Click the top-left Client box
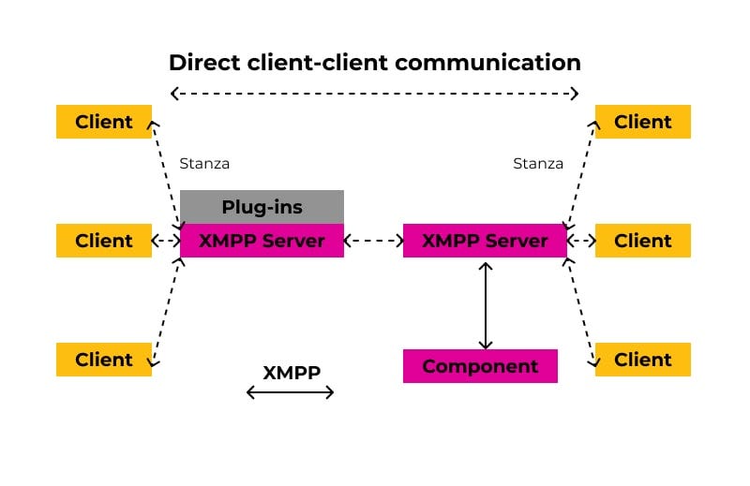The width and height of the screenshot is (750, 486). [x=103, y=122]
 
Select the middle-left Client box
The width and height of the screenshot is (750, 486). [x=103, y=241]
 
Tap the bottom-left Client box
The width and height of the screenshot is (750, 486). [x=103, y=360]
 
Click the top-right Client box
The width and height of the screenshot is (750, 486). [x=642, y=122]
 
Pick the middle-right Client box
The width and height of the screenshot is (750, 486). [x=642, y=241]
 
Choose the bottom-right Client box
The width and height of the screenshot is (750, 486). [x=642, y=360]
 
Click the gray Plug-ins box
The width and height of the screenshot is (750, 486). [x=262, y=207]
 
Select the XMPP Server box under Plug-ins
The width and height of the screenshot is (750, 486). [x=262, y=241]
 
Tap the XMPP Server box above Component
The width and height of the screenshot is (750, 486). [x=485, y=241]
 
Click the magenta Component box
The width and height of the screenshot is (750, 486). [x=480, y=366]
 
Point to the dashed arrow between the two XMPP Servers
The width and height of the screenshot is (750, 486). [x=373, y=241]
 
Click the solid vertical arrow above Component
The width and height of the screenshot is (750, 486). [x=485, y=303]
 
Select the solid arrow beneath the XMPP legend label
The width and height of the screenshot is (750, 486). [x=290, y=392]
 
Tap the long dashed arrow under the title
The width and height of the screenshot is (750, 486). [x=374, y=93]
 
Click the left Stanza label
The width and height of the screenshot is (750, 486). [x=204, y=164]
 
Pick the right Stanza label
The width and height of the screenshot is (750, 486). [x=538, y=164]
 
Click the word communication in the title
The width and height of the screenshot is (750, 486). [x=488, y=63]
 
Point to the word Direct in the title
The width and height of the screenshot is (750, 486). [x=202, y=63]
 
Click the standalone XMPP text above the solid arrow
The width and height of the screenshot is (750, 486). [x=292, y=372]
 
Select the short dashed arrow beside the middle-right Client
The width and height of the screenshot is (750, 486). [x=581, y=241]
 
